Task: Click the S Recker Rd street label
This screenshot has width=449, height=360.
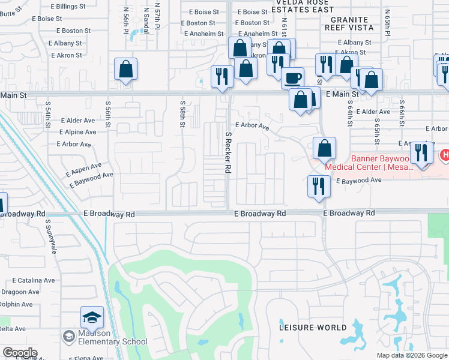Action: click(228, 153)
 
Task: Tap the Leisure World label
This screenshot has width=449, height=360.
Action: click(313, 328)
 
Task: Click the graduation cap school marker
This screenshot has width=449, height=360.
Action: click(92, 317)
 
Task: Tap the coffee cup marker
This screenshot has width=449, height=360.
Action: click(293, 78)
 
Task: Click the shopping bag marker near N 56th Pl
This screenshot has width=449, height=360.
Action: click(125, 70)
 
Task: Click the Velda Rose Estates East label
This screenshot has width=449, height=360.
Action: click(287, 5)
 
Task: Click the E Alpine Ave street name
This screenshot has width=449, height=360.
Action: click(79, 132)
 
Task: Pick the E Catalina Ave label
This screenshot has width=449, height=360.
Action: click(34, 280)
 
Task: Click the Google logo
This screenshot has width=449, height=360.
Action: click(20, 353)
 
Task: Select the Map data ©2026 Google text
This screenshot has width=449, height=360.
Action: click(411, 355)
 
